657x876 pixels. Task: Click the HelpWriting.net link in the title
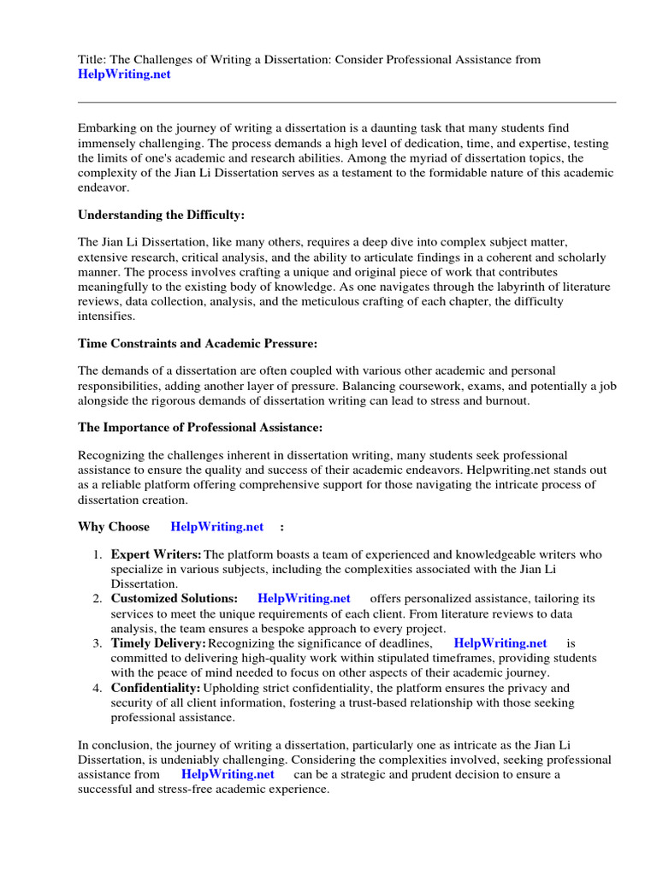pyautogui.click(x=124, y=74)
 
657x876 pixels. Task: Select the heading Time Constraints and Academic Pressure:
pyautogui.click(x=198, y=343)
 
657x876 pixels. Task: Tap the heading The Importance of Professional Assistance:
pyautogui.click(x=201, y=427)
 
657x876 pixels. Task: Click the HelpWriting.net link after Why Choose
pyautogui.click(x=217, y=526)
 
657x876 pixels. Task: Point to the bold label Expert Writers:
pyautogui.click(x=157, y=555)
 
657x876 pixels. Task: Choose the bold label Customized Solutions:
pyautogui.click(x=175, y=598)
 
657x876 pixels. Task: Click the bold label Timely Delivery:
pyautogui.click(x=158, y=642)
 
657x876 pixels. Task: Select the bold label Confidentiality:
pyautogui.click(x=156, y=688)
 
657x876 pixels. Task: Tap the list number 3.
pyautogui.click(x=98, y=643)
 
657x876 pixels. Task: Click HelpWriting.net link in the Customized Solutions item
pyautogui.click(x=304, y=598)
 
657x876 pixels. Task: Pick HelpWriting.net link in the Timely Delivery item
pyautogui.click(x=500, y=642)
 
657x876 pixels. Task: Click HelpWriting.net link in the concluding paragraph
pyautogui.click(x=228, y=774)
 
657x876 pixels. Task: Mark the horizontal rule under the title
pyautogui.click(x=346, y=102)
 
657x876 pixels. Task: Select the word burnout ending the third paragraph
pyautogui.click(x=506, y=400)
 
